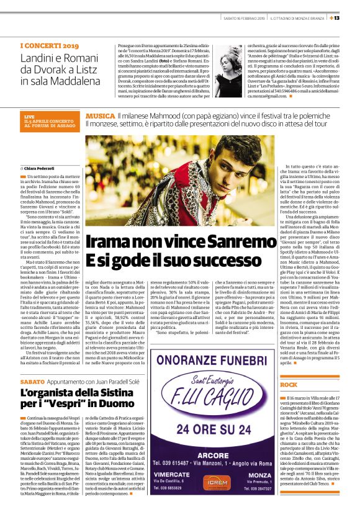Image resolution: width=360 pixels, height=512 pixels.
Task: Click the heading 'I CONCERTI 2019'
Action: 49,46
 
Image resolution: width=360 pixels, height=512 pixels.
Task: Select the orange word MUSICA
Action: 100,116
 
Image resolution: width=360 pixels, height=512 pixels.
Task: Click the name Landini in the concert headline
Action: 38,58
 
